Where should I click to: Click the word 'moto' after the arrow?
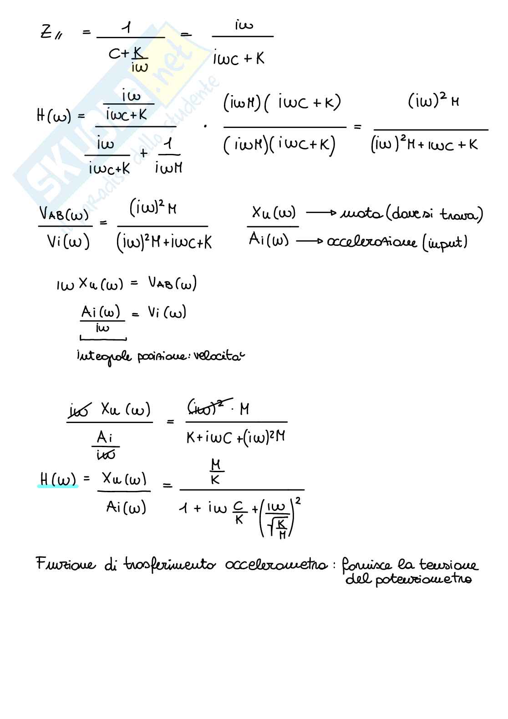tap(361, 213)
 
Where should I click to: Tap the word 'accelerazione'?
tap(371, 242)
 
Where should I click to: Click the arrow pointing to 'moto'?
tap(321, 212)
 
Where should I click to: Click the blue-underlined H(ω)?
tap(58, 479)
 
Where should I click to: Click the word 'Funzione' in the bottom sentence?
tap(66, 565)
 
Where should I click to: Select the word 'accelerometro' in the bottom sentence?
tap(276, 565)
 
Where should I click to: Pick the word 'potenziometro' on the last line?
tap(423, 580)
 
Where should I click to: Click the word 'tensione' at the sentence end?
tap(448, 565)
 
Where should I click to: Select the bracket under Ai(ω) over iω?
tap(103, 338)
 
